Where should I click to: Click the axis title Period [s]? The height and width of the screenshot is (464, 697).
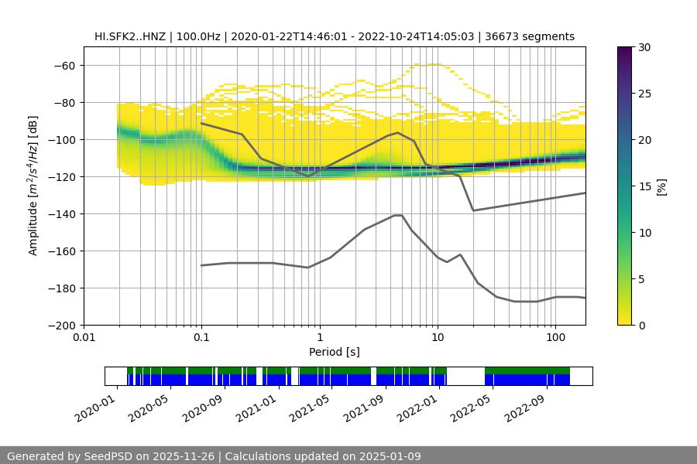click(x=335, y=352)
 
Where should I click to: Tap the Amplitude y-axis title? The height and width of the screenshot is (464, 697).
click(x=33, y=186)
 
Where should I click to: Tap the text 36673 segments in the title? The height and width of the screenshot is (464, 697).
click(x=535, y=36)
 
